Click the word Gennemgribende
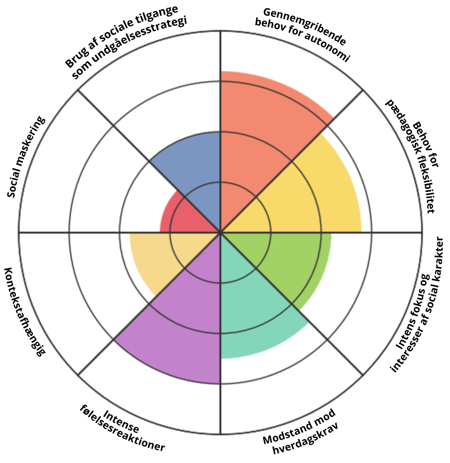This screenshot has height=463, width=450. pyautogui.click(x=304, y=27)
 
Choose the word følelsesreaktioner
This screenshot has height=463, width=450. pyautogui.click(x=122, y=428)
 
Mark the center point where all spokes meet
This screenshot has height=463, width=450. pyautogui.click(x=221, y=232)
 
